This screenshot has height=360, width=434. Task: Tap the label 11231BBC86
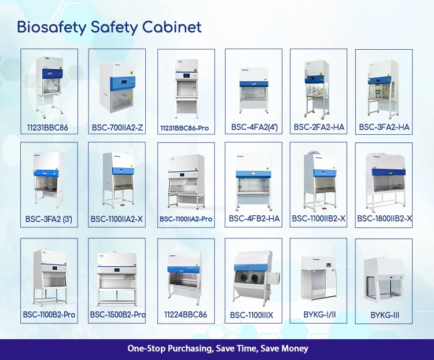pos(49,127)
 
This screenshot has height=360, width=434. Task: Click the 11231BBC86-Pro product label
pos(185,127)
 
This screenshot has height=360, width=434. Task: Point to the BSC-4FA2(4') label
pos(253,127)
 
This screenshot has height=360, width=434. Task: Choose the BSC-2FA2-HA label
pos(318,127)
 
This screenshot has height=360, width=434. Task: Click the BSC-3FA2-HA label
pos(384,127)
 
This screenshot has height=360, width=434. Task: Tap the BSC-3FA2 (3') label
pos(49,219)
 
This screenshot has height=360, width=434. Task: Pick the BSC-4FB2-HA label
pos(253,218)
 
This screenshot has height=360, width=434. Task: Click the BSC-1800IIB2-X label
pos(384,218)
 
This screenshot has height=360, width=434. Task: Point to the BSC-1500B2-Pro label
pos(117,315)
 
